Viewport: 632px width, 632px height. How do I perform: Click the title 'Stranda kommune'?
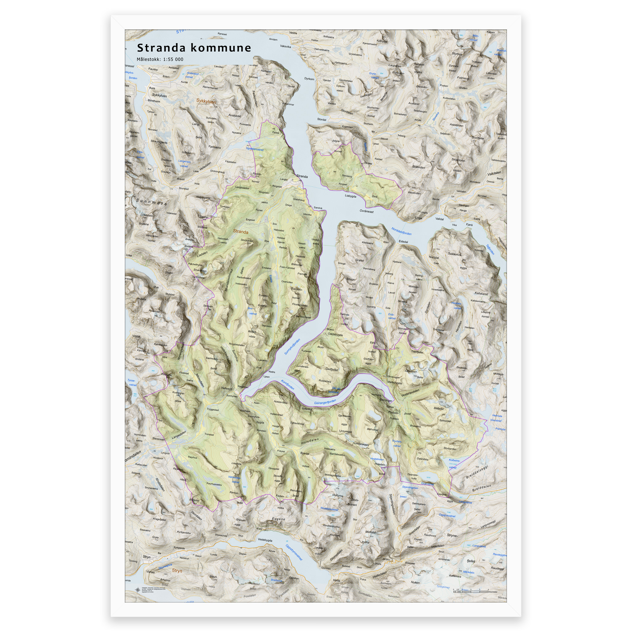coord(194,48)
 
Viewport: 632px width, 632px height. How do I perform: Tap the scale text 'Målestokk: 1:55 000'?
coord(160,59)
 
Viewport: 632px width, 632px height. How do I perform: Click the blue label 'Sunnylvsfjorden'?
coord(292,347)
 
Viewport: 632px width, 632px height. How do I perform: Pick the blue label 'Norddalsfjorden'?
coord(401,231)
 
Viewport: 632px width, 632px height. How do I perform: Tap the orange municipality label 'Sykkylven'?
coord(206,102)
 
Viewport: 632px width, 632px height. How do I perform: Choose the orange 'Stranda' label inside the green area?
coord(240,232)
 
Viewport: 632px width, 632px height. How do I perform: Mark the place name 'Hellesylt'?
coord(227,388)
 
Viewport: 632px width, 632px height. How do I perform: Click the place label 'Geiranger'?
coord(386,400)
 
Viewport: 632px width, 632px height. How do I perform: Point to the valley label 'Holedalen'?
coord(310,441)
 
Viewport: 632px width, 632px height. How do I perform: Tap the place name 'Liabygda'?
coord(350,196)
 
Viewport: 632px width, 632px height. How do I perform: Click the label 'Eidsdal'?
coord(403,242)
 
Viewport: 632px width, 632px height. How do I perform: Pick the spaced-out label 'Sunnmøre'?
coord(152,202)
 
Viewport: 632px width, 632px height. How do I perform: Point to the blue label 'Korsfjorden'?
coord(288,385)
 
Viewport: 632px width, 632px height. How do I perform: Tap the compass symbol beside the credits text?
coord(137,590)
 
